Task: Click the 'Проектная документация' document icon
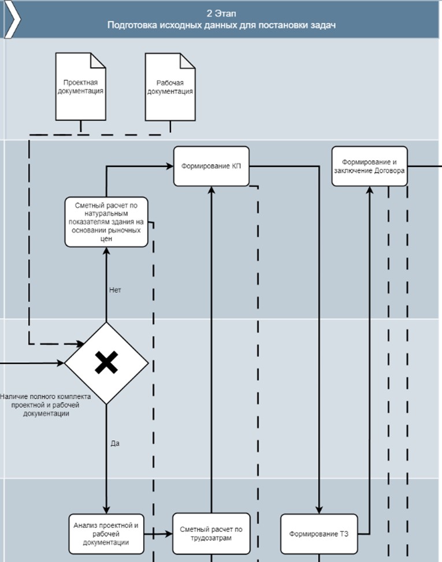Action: pos(80,87)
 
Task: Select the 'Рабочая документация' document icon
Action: pos(170,87)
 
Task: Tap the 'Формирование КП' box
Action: pos(211,166)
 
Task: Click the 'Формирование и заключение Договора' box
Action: pos(370,166)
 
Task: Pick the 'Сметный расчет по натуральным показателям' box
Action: pos(106,222)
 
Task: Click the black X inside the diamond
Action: pos(106,363)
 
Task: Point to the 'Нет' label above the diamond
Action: pos(114,290)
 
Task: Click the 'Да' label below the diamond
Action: pos(114,444)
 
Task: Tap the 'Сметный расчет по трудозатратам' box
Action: pos(211,533)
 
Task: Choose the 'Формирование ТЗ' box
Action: pos(319,533)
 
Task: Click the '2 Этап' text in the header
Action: pos(221,13)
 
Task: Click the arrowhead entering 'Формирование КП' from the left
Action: pos(170,166)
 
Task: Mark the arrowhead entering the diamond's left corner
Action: pos(61,363)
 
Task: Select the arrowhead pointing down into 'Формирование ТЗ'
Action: pos(319,509)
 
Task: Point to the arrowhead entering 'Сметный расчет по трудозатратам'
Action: pos(169,534)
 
